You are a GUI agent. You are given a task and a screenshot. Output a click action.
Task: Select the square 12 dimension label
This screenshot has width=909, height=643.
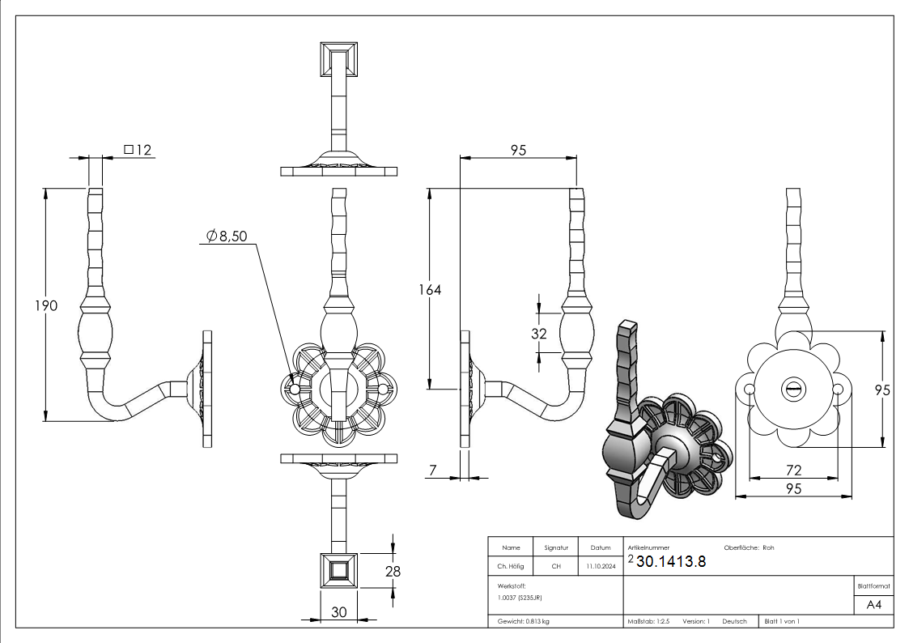tap(138, 150)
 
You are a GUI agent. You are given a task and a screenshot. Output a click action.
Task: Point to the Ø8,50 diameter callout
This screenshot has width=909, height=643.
tap(227, 236)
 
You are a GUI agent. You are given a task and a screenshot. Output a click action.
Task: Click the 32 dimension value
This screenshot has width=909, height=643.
tap(539, 333)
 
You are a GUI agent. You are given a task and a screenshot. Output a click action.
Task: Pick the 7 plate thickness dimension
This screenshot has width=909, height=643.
tap(433, 470)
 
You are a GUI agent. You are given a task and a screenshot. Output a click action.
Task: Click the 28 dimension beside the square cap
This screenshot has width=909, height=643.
tap(393, 572)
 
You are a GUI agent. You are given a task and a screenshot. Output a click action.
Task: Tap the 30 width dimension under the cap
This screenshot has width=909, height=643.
tap(338, 612)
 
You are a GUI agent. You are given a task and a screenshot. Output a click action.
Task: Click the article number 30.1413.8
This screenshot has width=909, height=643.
tap(671, 562)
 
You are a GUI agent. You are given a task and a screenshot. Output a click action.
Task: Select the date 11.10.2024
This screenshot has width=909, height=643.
tap(600, 567)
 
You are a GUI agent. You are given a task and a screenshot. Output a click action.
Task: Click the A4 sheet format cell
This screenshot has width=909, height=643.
tap(873, 605)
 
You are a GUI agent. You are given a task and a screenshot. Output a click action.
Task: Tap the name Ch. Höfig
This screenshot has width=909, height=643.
tap(510, 567)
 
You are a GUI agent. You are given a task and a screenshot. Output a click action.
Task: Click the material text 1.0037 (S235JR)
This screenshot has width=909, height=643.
tap(520, 597)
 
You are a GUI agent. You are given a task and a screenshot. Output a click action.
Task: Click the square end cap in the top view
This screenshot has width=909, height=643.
tap(338, 57)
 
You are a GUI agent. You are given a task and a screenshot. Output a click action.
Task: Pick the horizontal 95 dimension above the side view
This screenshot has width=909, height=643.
tap(518, 150)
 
